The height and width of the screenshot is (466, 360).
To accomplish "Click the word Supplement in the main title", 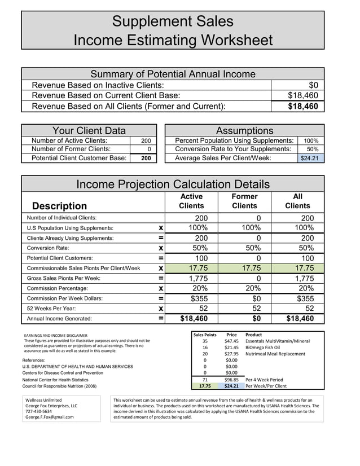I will [144, 21].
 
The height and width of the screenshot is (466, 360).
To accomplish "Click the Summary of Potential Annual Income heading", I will [173, 74].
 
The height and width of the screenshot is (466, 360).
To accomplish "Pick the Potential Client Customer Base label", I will [79, 158].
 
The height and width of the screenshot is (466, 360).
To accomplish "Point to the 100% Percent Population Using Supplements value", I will [311, 140].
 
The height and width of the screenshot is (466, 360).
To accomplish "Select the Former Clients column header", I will [244, 201].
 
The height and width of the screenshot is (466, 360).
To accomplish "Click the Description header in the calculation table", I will [60, 206].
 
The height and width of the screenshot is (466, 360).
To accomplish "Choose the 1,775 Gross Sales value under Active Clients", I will [198, 278].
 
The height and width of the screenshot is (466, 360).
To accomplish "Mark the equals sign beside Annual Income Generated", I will [161, 319].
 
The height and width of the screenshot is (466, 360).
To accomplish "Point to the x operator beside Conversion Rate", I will [161, 248].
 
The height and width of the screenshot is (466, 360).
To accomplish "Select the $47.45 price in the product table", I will [231, 341].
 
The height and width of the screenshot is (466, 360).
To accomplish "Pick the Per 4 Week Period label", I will [264, 380].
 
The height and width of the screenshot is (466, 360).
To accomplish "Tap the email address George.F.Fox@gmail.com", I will [50, 417].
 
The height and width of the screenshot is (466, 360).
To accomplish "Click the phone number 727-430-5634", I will [38, 411].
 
